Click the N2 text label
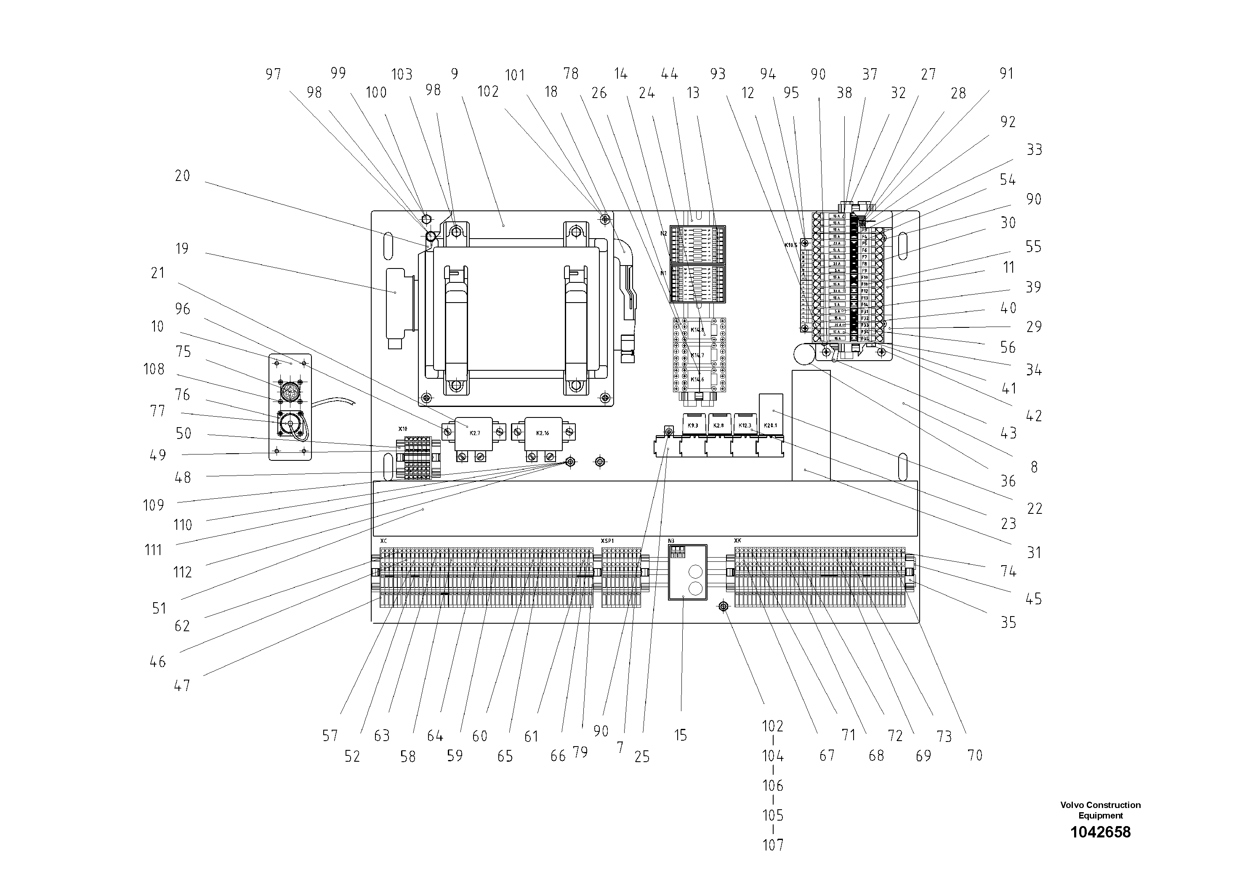(664, 234)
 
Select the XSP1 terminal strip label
(607, 541)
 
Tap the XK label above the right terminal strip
(738, 541)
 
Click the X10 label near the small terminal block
(403, 429)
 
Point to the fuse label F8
(865, 263)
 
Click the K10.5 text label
(791, 245)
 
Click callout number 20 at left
(182, 175)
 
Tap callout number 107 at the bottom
(773, 845)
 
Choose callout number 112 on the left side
(182, 572)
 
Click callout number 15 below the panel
(680, 736)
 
